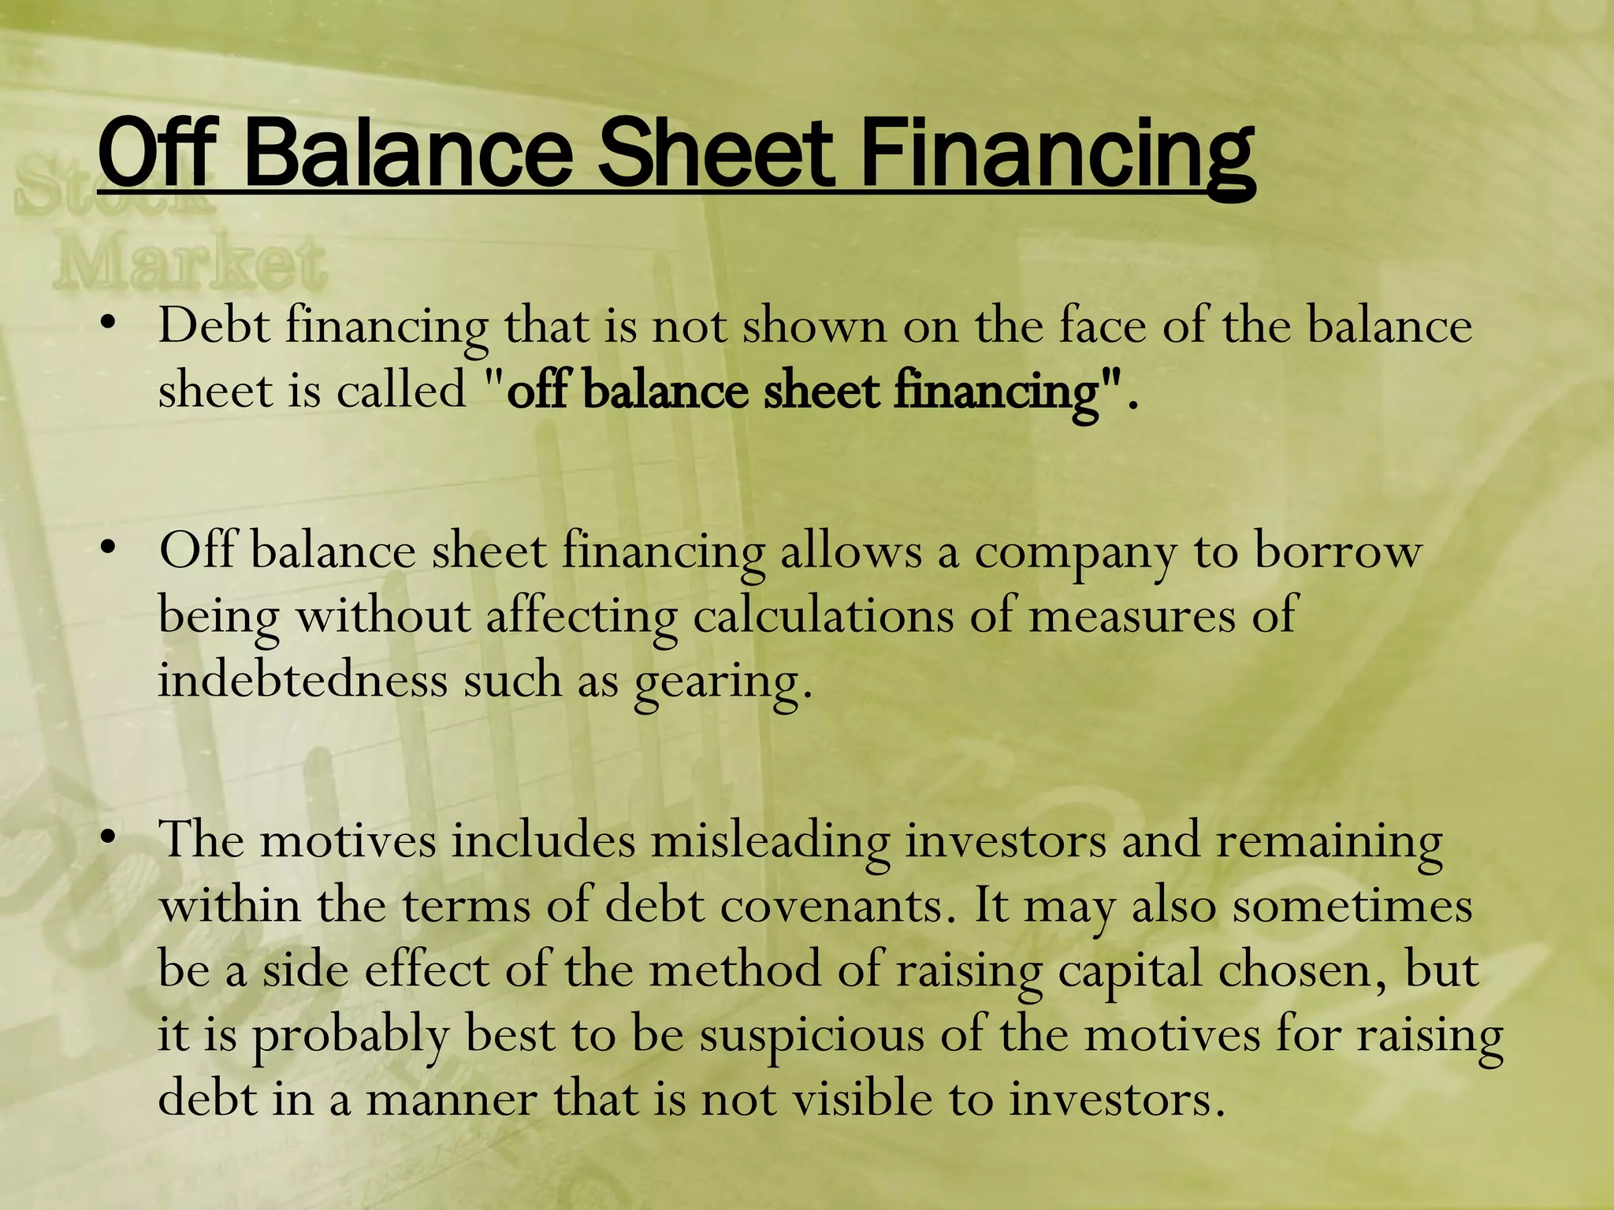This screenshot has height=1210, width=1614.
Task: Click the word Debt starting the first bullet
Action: click(214, 325)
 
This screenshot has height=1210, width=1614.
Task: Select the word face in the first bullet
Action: click(1102, 325)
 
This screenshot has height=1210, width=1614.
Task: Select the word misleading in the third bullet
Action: click(770, 841)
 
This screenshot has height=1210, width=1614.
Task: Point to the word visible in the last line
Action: click(862, 1099)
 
